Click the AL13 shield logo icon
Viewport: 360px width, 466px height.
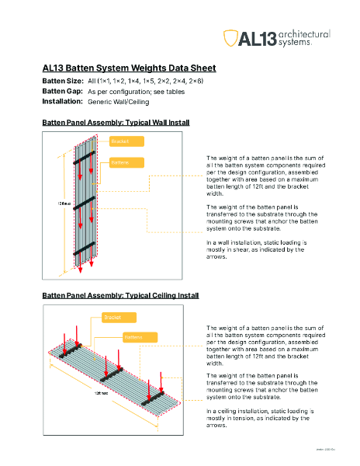[x=230, y=38]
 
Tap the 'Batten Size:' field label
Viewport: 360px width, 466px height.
[x=62, y=81]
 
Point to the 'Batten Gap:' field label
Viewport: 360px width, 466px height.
[x=61, y=91]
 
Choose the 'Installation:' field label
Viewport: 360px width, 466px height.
[x=62, y=101]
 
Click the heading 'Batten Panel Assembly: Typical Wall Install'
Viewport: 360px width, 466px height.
[x=116, y=123]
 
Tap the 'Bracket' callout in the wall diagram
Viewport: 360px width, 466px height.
[x=125, y=142]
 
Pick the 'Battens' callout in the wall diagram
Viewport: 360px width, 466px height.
[x=125, y=162]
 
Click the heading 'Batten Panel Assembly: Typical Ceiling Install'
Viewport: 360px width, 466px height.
[x=120, y=296]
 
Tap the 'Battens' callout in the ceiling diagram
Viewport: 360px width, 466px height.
[x=139, y=337]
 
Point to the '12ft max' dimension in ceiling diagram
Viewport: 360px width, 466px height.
[x=102, y=393]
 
